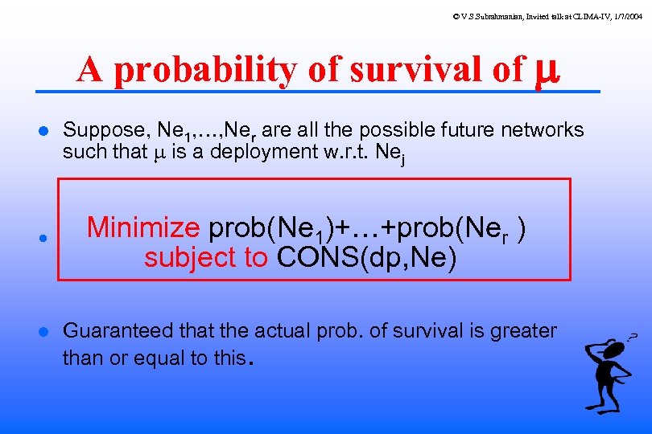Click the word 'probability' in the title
pyautogui.click(x=204, y=71)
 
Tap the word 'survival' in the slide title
pyautogui.click(x=415, y=70)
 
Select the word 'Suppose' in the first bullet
pyautogui.click(x=97, y=129)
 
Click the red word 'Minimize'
pyautogui.click(x=143, y=228)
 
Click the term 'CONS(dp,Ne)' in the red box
pyautogui.click(x=367, y=258)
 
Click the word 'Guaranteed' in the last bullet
pyautogui.click(x=117, y=330)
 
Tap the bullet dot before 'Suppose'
pyautogui.click(x=44, y=130)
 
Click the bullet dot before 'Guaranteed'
pyautogui.click(x=44, y=331)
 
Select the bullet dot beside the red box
pyautogui.click(x=44, y=239)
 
